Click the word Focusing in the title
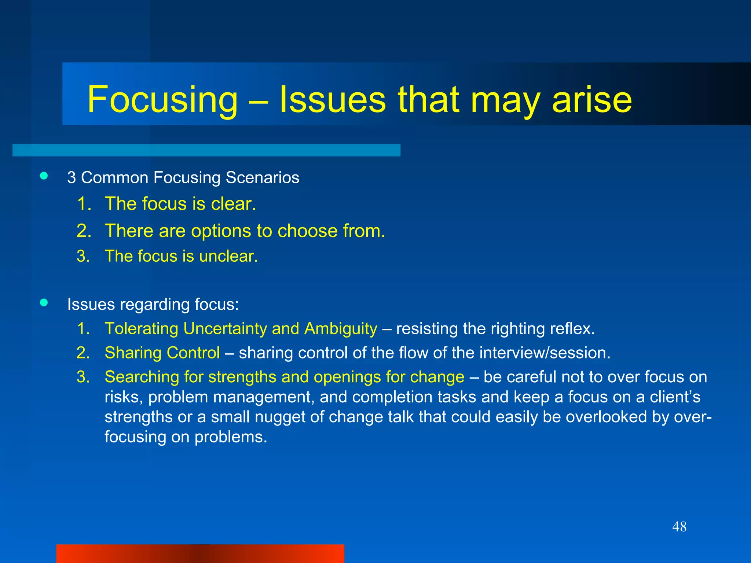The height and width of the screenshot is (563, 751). (162, 100)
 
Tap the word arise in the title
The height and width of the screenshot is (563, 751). (592, 100)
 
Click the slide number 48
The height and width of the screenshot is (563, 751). (679, 527)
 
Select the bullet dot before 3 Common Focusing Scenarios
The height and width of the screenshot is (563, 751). (44, 176)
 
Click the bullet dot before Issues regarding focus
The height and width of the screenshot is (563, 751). (44, 303)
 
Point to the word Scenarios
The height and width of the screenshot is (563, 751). (262, 178)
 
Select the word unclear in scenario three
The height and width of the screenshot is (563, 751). (228, 256)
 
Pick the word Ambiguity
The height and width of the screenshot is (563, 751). (341, 329)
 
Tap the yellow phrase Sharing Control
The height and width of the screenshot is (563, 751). (162, 353)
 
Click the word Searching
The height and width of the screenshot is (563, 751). (142, 377)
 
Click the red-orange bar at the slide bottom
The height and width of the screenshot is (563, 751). (200, 553)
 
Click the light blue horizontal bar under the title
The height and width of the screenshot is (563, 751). (206, 150)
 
